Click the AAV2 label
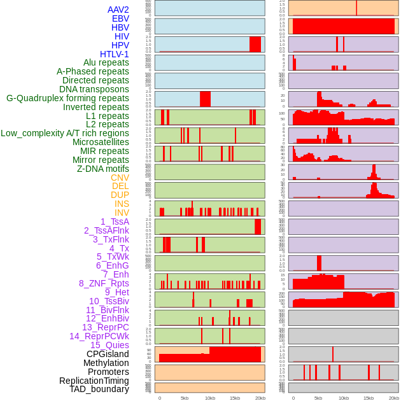coord(118,10)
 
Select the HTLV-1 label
coord(114,54)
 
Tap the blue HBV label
coord(120,27)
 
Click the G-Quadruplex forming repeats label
coord(67,98)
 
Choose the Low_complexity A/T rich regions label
coord(65,133)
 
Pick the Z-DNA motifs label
coord(103,169)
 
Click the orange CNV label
coord(120,178)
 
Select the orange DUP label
coord(120,195)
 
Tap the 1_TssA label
coord(115,222)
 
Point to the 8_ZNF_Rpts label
coord(104,283)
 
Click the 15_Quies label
coord(109,345)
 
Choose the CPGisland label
coord(108,354)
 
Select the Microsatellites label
coord(101,142)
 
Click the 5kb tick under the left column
coord(185,398)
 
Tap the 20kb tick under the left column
coord(260,398)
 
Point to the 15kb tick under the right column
coord(369,398)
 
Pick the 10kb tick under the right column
coord(343,398)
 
